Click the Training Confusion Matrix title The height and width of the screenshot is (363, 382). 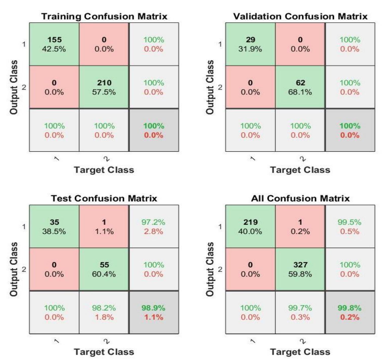[104, 16]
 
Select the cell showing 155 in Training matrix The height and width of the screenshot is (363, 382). [54, 44]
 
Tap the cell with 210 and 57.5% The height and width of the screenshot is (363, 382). [104, 87]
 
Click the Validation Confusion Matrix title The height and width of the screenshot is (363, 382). [300, 16]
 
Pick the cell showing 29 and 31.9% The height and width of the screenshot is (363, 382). [250, 44]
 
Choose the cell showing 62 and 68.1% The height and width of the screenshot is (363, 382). [300, 87]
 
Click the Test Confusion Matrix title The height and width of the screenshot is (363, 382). [104, 198]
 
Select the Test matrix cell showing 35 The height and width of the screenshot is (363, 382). [54, 226]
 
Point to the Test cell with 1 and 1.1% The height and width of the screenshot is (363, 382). [104, 226]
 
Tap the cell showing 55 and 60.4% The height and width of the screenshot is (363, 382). [104, 269]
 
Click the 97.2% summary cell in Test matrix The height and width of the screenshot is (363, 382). [154, 226]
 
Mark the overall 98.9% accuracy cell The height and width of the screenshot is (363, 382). [154, 312]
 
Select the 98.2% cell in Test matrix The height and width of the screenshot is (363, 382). [104, 312]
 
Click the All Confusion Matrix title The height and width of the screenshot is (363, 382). [300, 198]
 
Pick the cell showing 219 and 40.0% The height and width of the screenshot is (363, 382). [250, 226]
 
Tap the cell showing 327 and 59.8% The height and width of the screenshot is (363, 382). [300, 269]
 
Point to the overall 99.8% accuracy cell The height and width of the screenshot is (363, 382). [350, 312]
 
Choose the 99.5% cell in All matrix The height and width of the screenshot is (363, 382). [350, 226]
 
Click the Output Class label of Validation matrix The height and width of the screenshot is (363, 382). [210, 87]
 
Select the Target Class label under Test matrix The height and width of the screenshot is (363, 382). [104, 352]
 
